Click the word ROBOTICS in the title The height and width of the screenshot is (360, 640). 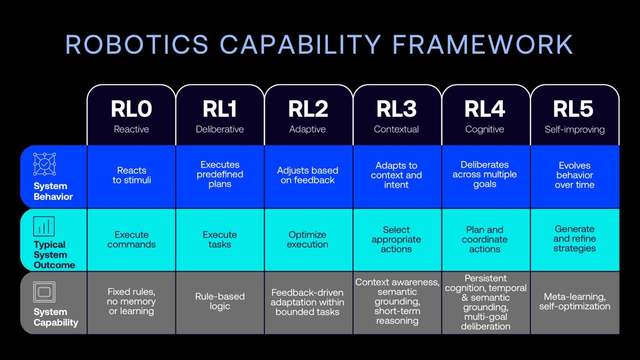[x=137, y=44]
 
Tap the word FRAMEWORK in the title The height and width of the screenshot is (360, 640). [x=483, y=44]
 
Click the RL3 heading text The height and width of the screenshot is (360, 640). [x=396, y=109]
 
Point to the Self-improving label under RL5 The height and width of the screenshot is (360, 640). [x=574, y=130]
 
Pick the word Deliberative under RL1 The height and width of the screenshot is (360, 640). [x=220, y=129]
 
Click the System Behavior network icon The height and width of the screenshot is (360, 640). [x=45, y=164]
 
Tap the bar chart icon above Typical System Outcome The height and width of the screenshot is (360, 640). [x=44, y=226]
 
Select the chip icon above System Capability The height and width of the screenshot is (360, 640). [x=44, y=292]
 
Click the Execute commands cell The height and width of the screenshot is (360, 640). [x=131, y=239]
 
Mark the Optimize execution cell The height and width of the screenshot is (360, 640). [x=307, y=239]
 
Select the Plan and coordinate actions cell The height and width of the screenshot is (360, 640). [x=485, y=239]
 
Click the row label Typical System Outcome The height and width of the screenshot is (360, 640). [x=54, y=254]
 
